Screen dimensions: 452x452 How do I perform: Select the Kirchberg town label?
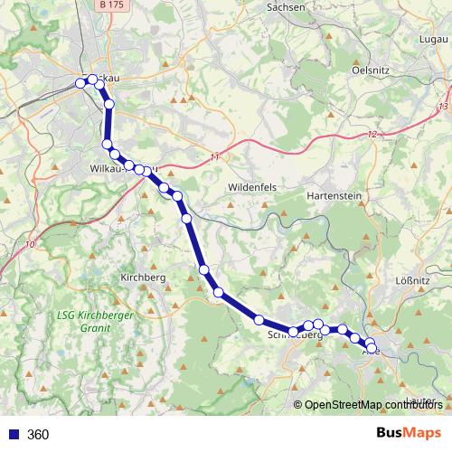[143, 278]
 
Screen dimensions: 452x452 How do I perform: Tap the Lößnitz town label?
[412, 280]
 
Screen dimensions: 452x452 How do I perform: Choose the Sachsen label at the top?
[288, 6]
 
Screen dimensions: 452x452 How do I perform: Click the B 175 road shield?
[111, 5]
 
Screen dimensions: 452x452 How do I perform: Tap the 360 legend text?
[39, 435]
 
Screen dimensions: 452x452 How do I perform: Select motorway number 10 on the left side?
[32, 244]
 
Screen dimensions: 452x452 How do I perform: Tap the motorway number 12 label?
[372, 135]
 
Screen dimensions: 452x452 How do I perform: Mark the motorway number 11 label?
[214, 157]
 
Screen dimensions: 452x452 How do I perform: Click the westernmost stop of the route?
[80, 83]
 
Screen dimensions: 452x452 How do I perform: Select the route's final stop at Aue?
[372, 347]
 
